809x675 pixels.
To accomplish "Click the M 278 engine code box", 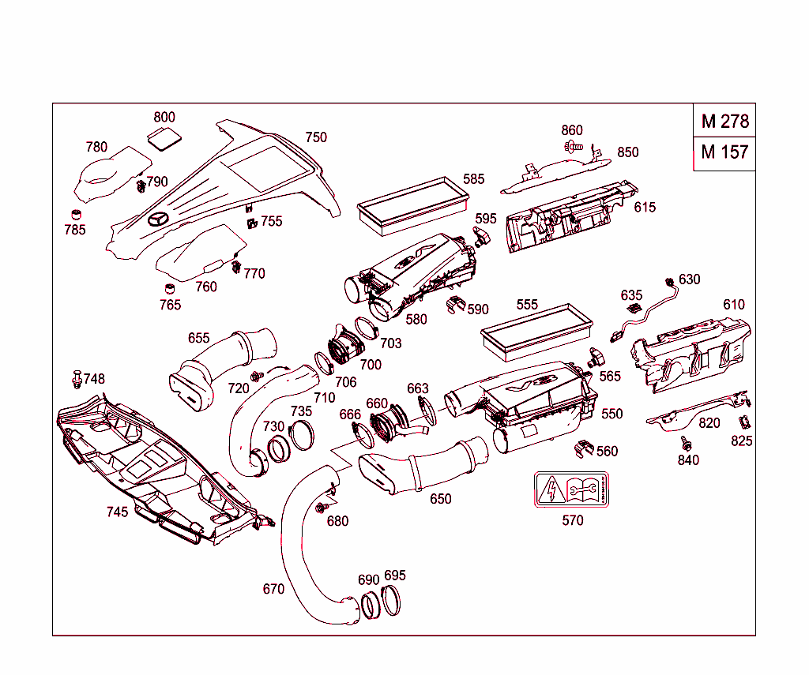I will (x=724, y=122).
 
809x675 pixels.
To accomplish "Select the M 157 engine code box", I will (x=724, y=152).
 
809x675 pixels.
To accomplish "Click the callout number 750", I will (x=315, y=137).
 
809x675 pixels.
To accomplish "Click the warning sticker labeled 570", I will (x=572, y=490).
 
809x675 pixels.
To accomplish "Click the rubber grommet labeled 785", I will (x=77, y=215).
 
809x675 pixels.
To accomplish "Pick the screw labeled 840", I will (x=686, y=446).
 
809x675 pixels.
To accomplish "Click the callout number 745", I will (x=117, y=512).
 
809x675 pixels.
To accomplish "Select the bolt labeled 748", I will (x=77, y=378).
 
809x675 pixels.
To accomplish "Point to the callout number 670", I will (x=273, y=589).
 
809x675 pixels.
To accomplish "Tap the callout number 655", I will (x=198, y=338).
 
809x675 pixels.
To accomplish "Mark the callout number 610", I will (x=733, y=305).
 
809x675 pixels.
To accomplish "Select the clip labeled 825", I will (x=743, y=422).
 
